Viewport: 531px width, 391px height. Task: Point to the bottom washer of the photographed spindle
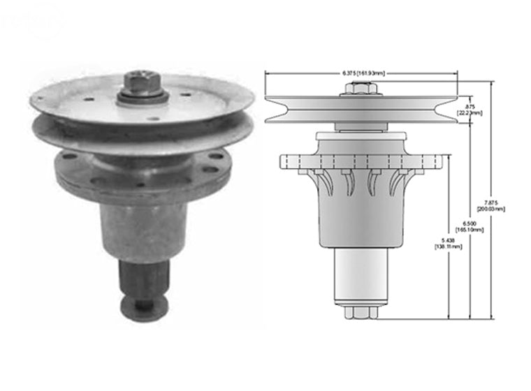pyautogui.click(x=144, y=305)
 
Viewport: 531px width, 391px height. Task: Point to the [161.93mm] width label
pyautogui.click(x=371, y=73)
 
